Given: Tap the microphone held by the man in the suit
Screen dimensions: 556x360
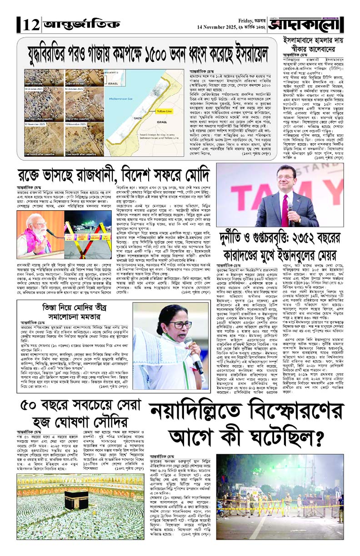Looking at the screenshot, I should click(x=290, y=208).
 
